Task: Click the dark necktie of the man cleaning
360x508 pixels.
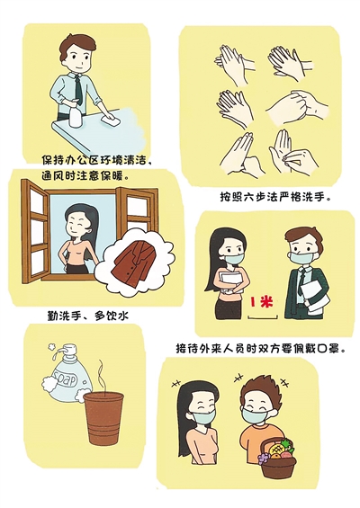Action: (x=78, y=91)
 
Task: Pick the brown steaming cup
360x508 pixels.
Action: (x=103, y=418)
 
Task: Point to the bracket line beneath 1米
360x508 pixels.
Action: (x=263, y=319)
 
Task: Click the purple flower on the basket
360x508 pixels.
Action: (x=264, y=458)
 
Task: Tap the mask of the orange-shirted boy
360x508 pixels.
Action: (x=255, y=416)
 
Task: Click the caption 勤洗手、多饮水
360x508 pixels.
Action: (x=87, y=316)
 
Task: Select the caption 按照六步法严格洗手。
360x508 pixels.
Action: (x=273, y=197)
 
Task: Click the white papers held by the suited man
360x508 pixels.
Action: (x=311, y=298)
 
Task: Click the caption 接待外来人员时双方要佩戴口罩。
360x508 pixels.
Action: (x=259, y=348)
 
